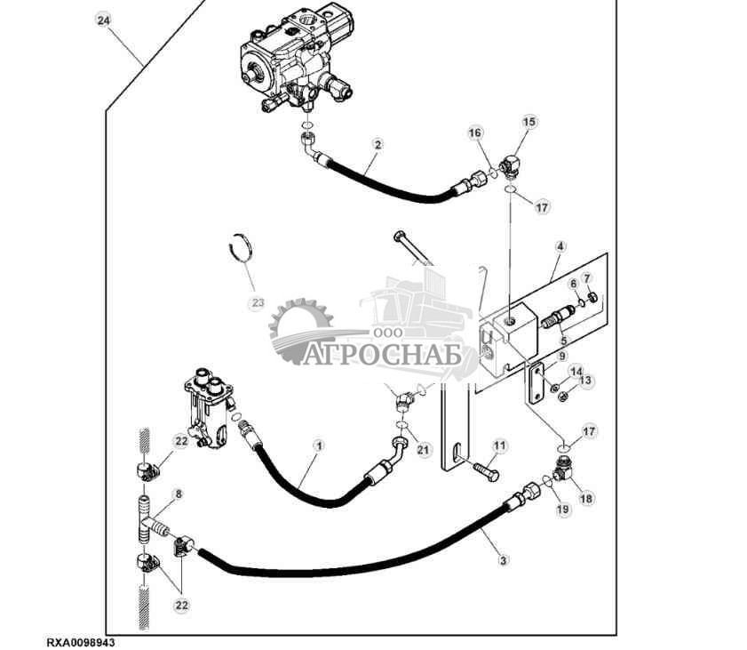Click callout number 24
coord(104,20)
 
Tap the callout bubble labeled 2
coord(377,143)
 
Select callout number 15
coord(529,122)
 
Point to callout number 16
coord(475,132)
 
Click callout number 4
coord(560,246)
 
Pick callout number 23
coord(258,303)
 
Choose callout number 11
coord(499,445)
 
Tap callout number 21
coord(423,450)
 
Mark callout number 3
coord(504,560)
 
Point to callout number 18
coord(586,499)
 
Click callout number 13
coord(585,381)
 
